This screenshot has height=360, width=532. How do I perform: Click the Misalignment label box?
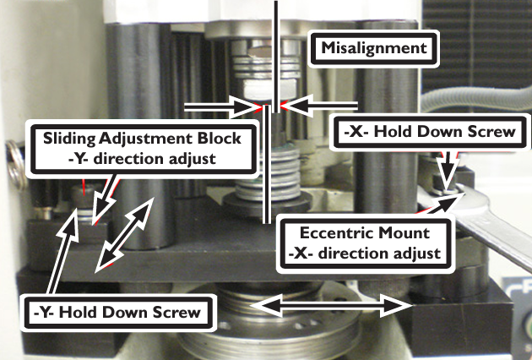point(374,48)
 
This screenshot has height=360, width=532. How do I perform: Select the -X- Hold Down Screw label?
point(430,132)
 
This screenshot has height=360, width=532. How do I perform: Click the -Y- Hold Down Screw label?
point(117,313)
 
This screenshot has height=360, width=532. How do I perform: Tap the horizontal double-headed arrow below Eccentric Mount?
point(332,305)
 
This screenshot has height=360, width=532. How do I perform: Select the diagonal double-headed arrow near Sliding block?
point(124,235)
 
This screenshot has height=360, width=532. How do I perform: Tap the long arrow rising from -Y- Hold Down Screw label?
point(63,251)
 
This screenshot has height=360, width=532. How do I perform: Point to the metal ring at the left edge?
point(14,164)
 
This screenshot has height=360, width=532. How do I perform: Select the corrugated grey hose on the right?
point(475,99)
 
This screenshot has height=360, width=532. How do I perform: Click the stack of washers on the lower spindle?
point(268,174)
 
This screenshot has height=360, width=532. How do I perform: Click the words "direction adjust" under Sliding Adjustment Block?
point(155,159)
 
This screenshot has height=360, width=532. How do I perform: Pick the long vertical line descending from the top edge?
point(276,57)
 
